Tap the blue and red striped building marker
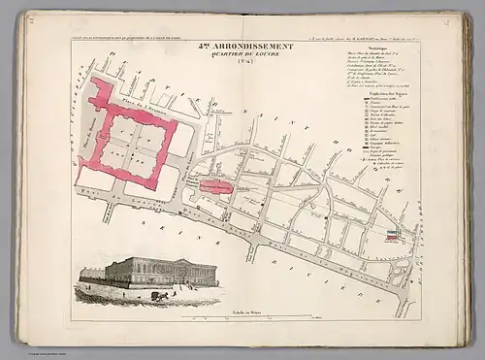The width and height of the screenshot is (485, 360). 393,234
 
